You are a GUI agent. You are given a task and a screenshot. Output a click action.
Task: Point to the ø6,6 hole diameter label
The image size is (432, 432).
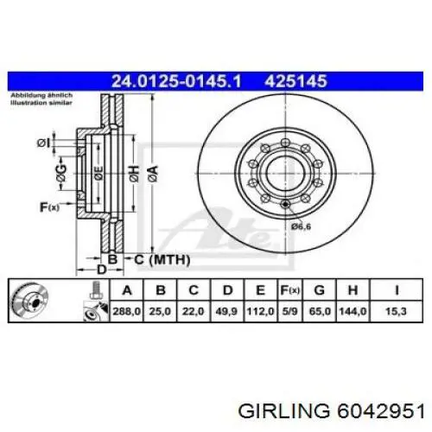302,226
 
